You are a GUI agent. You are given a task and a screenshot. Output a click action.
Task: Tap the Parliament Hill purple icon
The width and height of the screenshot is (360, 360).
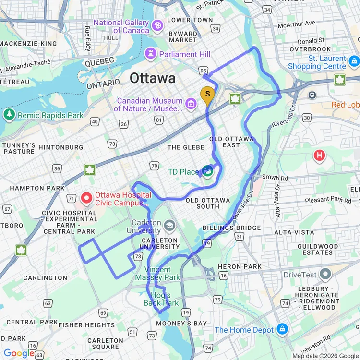pyautogui.click(x=152, y=54)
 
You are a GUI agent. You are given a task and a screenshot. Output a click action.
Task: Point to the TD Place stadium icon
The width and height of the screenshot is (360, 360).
pyautogui.click(x=208, y=171)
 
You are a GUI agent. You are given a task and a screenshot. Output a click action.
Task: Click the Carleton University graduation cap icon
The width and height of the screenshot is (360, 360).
pyautogui.click(x=169, y=225)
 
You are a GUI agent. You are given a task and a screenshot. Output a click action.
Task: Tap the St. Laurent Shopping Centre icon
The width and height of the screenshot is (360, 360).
pyautogui.click(x=354, y=61)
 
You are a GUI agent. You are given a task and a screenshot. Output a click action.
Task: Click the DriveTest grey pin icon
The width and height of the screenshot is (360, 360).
pyautogui.click(x=325, y=275)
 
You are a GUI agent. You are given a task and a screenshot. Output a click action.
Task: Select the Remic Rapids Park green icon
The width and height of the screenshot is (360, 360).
pyautogui.click(x=9, y=115)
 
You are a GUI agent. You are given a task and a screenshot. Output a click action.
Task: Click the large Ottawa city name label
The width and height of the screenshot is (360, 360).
pyautogui.click(x=153, y=78)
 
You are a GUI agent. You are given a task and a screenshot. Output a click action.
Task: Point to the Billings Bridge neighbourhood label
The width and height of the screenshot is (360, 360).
pyautogui.click(x=232, y=228)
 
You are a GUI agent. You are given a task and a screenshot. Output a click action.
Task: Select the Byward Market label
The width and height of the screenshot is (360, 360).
pyautogui.click(x=183, y=37)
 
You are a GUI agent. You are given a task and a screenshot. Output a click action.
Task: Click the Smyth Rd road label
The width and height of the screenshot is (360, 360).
pyautogui.click(x=275, y=177)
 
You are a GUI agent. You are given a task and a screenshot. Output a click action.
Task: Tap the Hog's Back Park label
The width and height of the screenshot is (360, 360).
pyautogui.click(x=161, y=299)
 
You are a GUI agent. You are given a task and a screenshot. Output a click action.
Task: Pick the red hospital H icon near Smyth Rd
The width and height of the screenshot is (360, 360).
pyautogui.click(x=319, y=155)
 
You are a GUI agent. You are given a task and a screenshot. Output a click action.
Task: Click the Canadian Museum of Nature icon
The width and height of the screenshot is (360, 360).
pyautogui.click(x=191, y=103)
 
